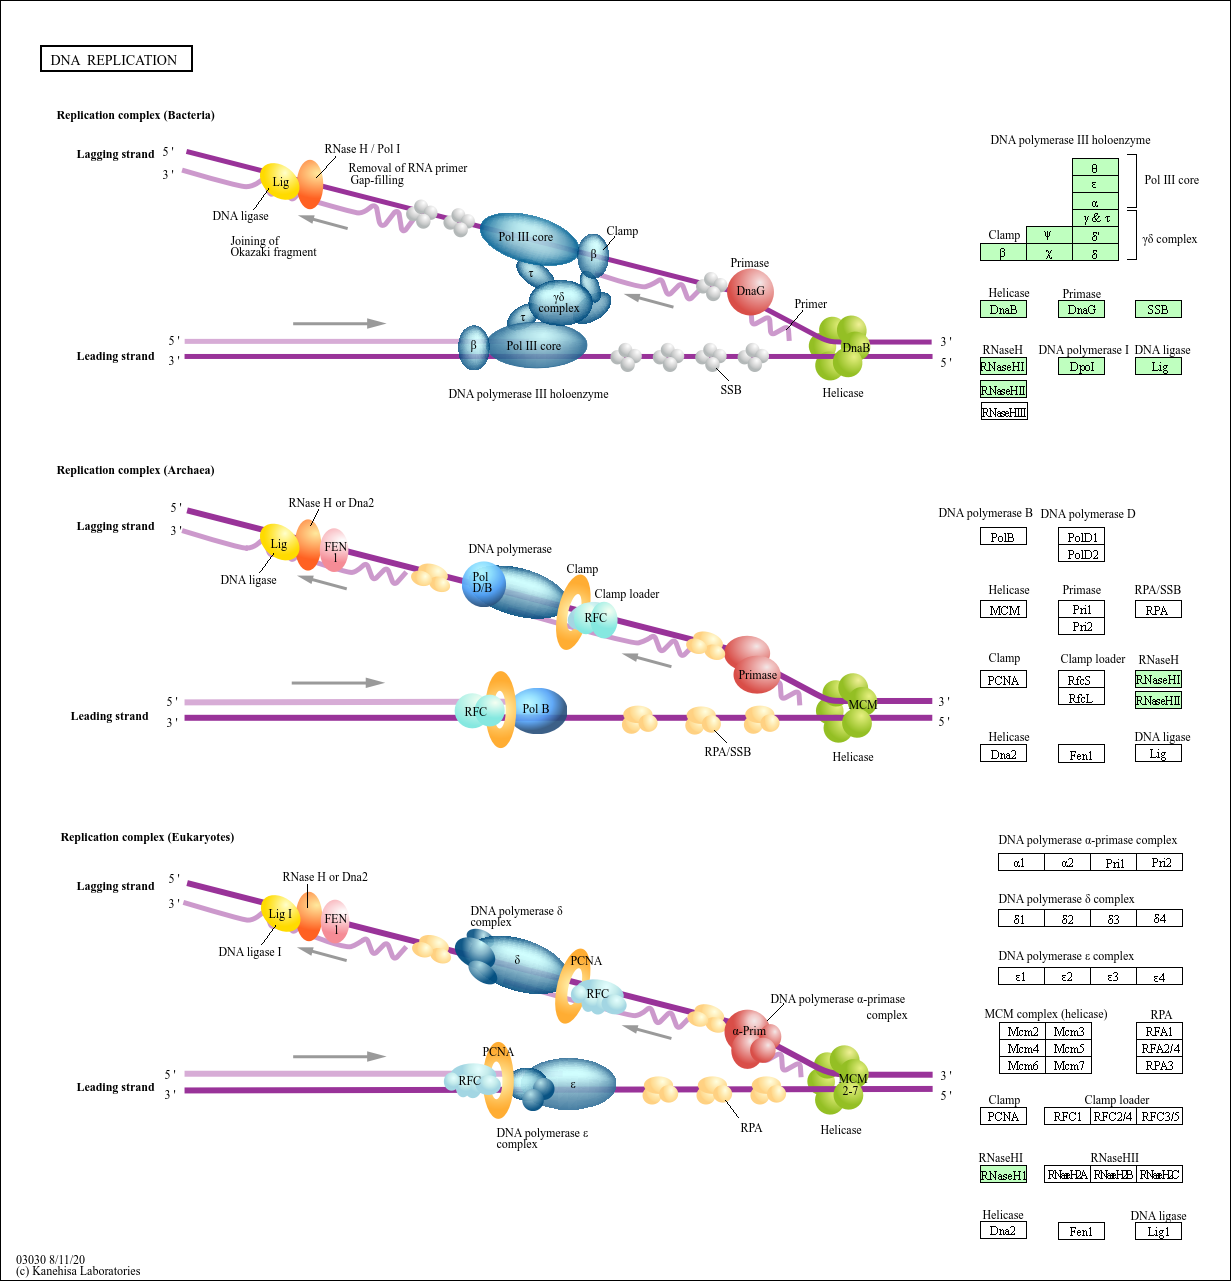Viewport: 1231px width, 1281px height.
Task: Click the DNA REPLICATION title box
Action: click(x=115, y=60)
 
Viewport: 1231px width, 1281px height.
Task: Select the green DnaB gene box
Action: click(x=1003, y=310)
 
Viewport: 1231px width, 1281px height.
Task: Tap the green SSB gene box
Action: click(x=1158, y=310)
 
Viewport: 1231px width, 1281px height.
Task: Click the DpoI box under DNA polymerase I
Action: click(x=1082, y=367)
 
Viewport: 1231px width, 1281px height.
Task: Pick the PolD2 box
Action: click(x=1082, y=554)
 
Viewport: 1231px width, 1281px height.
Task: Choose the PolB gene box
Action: click(x=1003, y=537)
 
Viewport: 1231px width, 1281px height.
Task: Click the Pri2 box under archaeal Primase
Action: click(x=1082, y=626)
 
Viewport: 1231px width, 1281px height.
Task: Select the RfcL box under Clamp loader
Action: click(x=1081, y=698)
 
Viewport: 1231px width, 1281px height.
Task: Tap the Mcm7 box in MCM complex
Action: click(x=1069, y=1066)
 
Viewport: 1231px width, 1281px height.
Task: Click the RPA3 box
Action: click(x=1160, y=1066)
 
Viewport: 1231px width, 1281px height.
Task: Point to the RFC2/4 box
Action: click(x=1113, y=1117)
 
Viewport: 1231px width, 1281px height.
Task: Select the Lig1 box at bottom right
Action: click(x=1158, y=1232)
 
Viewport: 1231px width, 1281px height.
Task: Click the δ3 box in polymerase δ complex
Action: click(x=1113, y=919)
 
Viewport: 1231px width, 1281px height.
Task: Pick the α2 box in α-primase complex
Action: click(x=1067, y=863)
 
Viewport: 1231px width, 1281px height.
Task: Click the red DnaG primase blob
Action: click(x=750, y=291)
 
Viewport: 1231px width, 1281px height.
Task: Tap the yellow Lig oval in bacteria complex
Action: click(x=280, y=182)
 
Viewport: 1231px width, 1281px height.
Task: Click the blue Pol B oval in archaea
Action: click(x=538, y=710)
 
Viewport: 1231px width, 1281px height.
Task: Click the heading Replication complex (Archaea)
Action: click(x=135, y=470)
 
